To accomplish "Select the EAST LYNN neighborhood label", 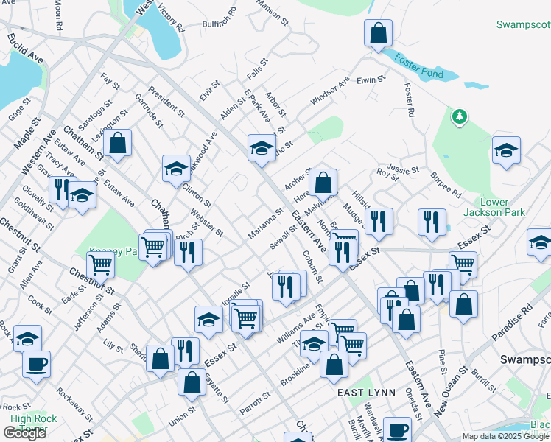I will click(367, 393).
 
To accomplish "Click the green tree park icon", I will click(460, 116).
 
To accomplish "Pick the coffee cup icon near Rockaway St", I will click(36, 363).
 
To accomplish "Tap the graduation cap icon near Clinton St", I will click(177, 168).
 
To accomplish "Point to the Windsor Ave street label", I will click(329, 93).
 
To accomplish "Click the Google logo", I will click(24, 433).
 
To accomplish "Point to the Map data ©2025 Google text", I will click(506, 436).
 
